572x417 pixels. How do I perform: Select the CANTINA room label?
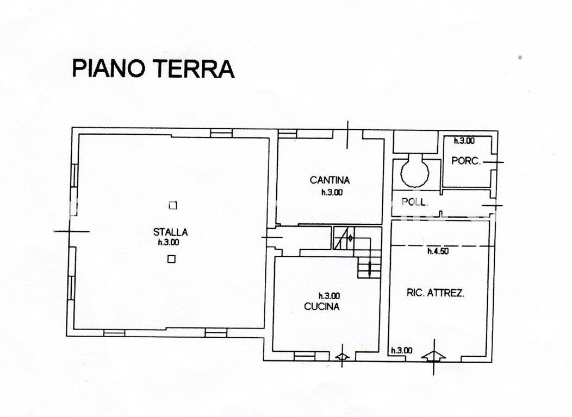pos(330,180)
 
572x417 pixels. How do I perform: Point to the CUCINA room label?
pos(322,306)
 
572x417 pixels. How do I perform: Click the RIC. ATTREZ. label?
pos(436,293)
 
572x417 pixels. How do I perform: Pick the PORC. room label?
pos(466,161)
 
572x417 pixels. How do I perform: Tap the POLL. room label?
pos(414,202)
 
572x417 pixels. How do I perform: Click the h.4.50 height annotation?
pos(438,251)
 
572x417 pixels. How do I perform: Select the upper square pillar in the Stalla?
pos(173,205)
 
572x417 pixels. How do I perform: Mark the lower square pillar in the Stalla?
pos(171,259)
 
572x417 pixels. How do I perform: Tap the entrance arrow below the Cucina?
pos(342,356)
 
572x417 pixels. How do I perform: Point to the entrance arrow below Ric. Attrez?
pos(433,356)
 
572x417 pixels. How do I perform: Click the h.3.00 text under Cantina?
pos(332,193)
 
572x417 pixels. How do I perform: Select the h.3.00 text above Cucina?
pos(329,296)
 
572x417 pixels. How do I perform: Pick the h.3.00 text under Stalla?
pos(169,242)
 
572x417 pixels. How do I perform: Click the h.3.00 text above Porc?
pos(464,141)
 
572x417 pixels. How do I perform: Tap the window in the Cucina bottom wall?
pos(304,356)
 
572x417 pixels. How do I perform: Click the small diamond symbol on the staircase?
pos(351,238)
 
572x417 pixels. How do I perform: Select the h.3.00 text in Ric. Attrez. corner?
pos(402,350)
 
